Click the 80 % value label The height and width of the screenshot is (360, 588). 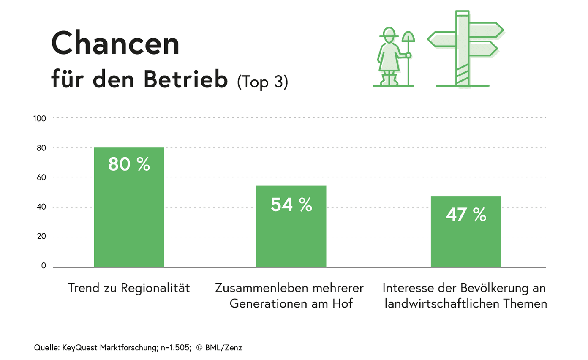pos(129,164)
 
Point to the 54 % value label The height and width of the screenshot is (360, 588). pos(291,205)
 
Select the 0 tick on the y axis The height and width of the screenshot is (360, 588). pos(44,266)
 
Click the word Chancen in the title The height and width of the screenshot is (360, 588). pos(115,43)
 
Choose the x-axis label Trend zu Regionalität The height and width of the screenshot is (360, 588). pos(129,288)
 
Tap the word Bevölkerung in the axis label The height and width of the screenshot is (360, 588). pos(488,288)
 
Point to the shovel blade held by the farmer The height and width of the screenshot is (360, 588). pos(408,37)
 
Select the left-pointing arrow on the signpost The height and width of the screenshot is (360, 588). pos(441,39)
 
